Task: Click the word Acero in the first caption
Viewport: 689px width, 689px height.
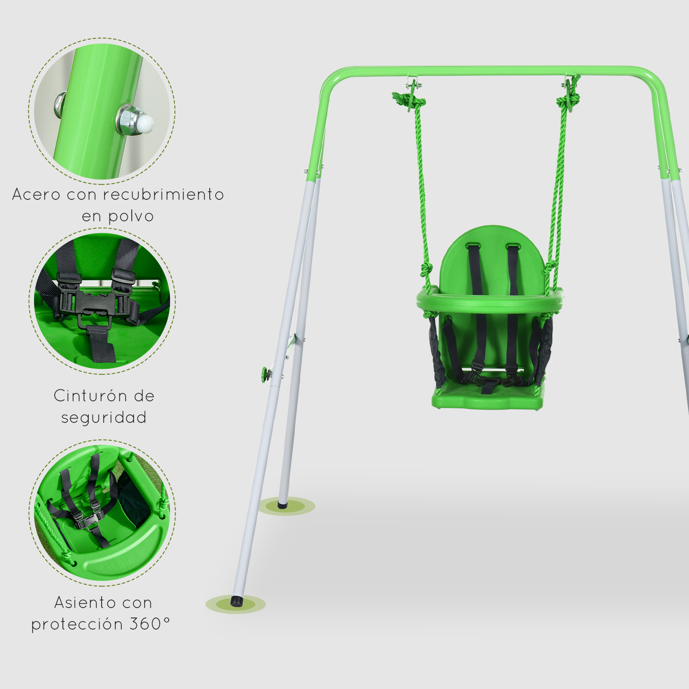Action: pyautogui.click(x=36, y=194)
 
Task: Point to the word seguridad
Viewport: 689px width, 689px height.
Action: pyautogui.click(x=104, y=417)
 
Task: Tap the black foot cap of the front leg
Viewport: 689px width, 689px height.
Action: pyautogui.click(x=236, y=601)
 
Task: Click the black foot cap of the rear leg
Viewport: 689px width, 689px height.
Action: pyautogui.click(x=282, y=504)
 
